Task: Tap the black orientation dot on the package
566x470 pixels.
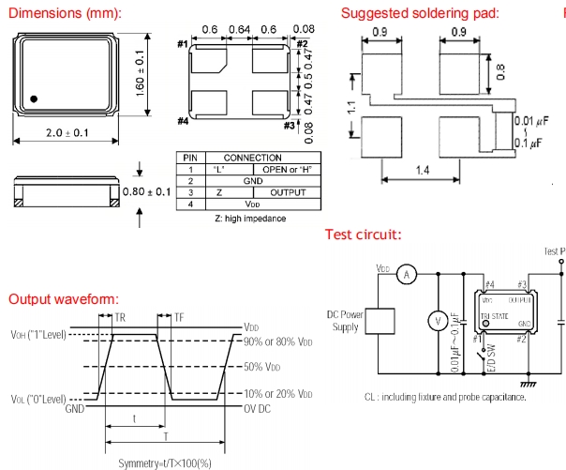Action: coord(34,98)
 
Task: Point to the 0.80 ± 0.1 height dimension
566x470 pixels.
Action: coord(148,192)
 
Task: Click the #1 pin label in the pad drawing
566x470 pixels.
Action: coord(181,44)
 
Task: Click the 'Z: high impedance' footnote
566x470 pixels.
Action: coord(249,218)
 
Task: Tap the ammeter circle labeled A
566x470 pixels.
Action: coord(407,274)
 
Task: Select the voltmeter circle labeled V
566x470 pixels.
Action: coord(433,321)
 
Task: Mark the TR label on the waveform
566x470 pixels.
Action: coord(119,317)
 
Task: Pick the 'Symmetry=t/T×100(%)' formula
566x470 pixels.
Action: coord(165,462)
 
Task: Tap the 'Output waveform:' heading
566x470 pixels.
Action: coord(63,298)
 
